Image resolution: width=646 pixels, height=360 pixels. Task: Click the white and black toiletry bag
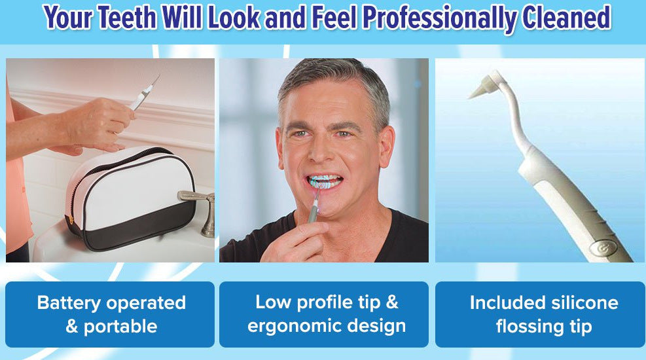(x=131, y=198)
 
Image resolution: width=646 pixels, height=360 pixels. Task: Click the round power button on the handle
(x=601, y=248)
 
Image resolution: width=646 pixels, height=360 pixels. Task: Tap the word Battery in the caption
(x=69, y=303)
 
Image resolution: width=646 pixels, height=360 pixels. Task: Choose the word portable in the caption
(x=120, y=327)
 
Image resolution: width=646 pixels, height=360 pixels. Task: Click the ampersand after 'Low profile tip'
(x=392, y=302)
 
